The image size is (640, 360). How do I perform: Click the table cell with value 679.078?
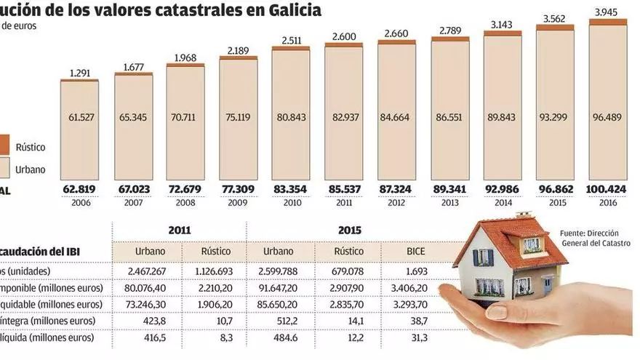tap(348, 271)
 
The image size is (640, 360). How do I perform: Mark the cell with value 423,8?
tap(150, 320)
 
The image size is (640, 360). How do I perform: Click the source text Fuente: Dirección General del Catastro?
tap(594, 238)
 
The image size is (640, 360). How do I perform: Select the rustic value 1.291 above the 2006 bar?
tap(79, 72)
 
